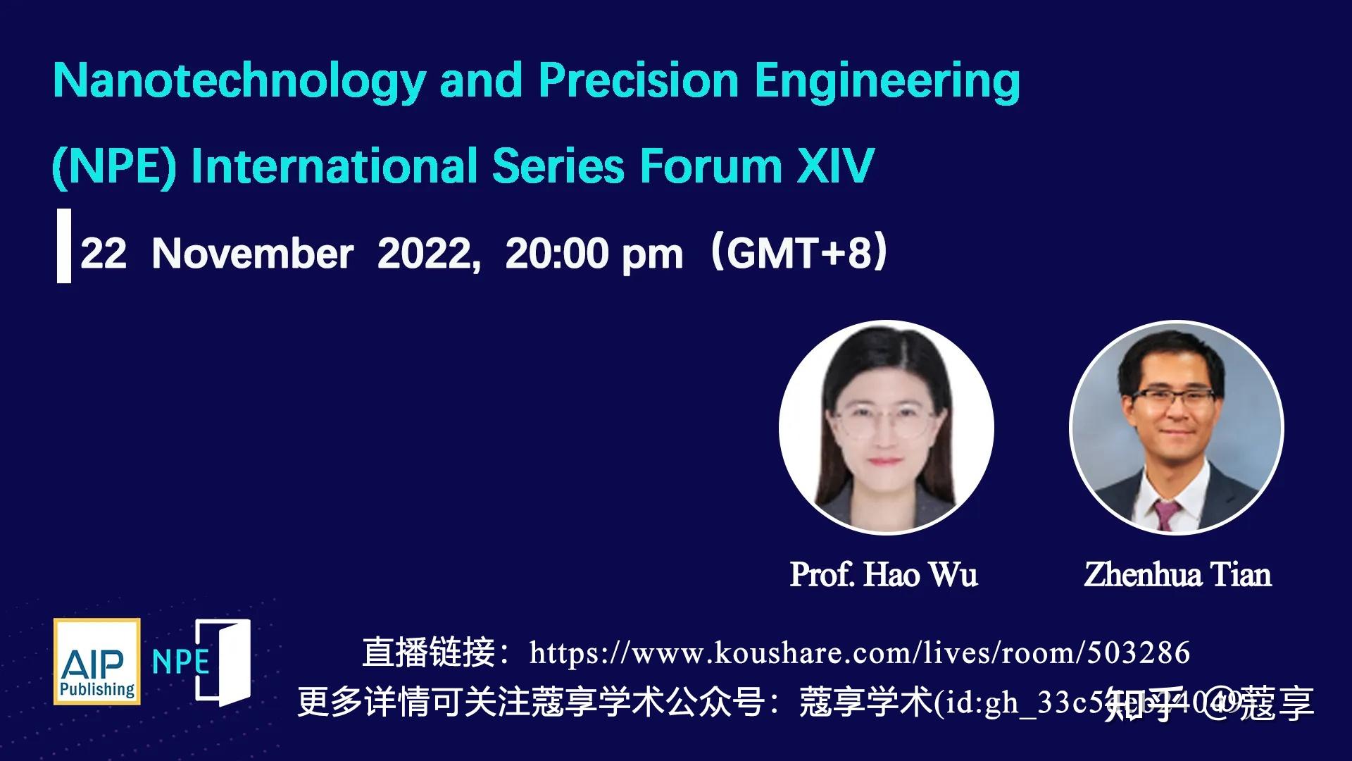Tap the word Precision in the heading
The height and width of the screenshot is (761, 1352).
click(638, 80)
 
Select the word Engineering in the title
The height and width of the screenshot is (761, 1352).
click(887, 82)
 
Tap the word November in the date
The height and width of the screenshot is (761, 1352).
click(253, 254)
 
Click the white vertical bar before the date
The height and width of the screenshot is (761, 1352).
click(63, 246)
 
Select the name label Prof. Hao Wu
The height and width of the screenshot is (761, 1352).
click(884, 574)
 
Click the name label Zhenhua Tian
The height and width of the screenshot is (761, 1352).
click(1177, 574)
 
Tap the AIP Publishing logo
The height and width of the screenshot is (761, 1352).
click(97, 662)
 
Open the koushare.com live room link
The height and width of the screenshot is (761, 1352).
click(859, 652)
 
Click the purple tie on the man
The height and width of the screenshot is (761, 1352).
click(1165, 514)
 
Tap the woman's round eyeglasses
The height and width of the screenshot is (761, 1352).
click(886, 424)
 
